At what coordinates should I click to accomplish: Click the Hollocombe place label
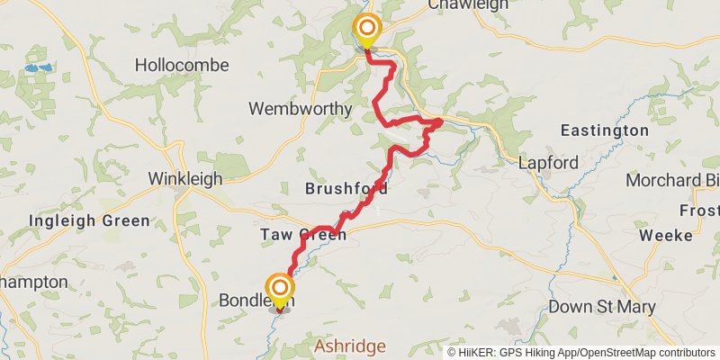click(182, 66)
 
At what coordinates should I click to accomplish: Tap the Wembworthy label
click(301, 109)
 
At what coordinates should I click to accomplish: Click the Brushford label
click(346, 189)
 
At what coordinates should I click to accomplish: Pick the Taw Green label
click(303, 235)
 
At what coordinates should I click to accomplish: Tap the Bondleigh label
click(256, 301)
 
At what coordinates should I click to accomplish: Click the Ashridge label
click(349, 346)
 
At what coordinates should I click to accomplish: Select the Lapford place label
click(548, 164)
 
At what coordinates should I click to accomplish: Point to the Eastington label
click(604, 130)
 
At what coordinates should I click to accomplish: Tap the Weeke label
click(665, 235)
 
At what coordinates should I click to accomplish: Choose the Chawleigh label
click(462, 5)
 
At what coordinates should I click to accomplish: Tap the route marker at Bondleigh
click(280, 290)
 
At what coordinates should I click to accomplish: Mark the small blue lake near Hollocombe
click(36, 68)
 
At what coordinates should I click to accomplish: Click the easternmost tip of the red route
click(441, 121)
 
